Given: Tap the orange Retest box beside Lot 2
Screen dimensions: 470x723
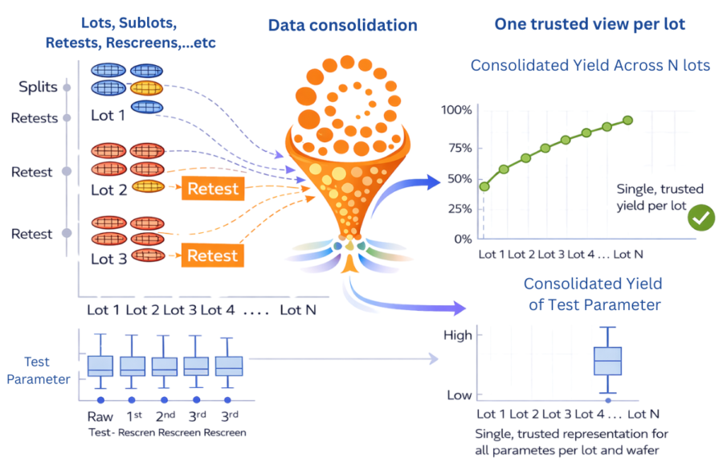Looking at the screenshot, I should (x=213, y=189).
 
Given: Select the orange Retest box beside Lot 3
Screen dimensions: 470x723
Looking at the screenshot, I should (x=213, y=256).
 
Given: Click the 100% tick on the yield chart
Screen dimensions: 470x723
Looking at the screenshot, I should (x=456, y=109).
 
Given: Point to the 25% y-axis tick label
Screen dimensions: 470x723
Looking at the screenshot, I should (x=457, y=209).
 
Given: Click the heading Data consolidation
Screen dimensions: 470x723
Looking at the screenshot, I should (x=343, y=25).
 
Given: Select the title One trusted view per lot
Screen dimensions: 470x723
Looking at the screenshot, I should (x=590, y=24).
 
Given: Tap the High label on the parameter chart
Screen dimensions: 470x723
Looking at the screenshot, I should (x=458, y=335).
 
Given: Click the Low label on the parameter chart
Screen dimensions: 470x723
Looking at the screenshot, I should (x=459, y=394).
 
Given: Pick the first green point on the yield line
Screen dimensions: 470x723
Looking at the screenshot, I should (x=484, y=186).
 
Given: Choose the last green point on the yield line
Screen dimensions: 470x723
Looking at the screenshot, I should (x=627, y=120).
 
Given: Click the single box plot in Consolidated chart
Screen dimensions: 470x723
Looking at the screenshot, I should (x=608, y=361).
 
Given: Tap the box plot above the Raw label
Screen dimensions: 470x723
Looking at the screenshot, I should (x=100, y=365).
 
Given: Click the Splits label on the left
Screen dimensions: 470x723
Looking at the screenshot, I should (x=39, y=86).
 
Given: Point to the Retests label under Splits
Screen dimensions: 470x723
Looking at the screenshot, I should (x=35, y=118).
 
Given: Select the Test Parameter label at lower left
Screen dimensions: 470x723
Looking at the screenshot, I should (x=38, y=370).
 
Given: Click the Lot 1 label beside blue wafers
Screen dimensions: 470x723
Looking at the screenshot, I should (x=108, y=115).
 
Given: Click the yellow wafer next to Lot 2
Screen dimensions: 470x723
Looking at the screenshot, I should (x=147, y=186).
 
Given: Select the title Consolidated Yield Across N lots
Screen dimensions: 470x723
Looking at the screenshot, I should (x=590, y=65).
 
